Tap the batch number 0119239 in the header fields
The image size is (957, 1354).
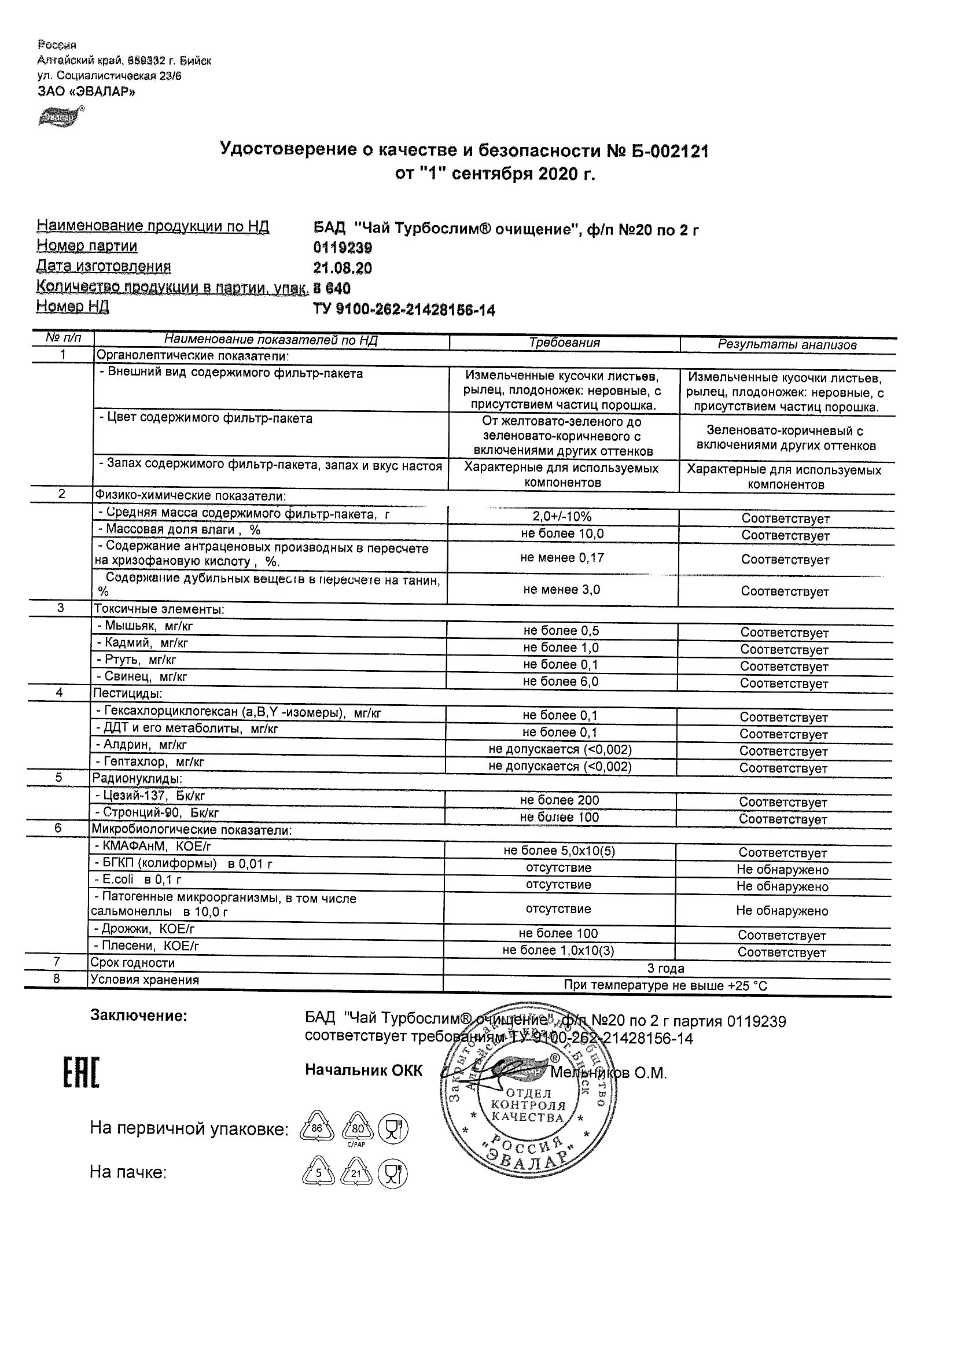[x=343, y=247]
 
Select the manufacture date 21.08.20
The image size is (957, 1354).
[x=343, y=268]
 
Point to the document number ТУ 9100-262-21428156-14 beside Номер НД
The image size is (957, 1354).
[x=404, y=310]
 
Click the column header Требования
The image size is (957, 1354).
[x=564, y=343]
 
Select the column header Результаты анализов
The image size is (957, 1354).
[x=786, y=345]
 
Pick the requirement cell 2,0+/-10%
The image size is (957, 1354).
[x=562, y=517]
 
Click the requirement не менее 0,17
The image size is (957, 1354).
[x=562, y=558]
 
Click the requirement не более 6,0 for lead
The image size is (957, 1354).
[x=561, y=682]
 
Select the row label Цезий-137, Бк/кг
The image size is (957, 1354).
[x=150, y=796]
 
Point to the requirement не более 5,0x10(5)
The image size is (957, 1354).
[x=559, y=851]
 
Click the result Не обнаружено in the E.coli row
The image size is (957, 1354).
[x=782, y=886]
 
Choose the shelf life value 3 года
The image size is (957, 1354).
[x=666, y=968]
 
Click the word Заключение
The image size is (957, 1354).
[x=138, y=1016]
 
